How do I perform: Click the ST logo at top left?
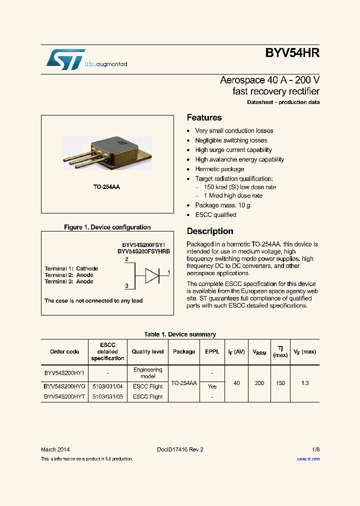65,59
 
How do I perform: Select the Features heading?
204,117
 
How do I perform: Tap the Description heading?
210,231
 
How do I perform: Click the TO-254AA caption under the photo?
106,186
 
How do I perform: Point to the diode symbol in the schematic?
152,275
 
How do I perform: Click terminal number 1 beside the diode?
168,272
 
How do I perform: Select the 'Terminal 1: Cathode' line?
71,268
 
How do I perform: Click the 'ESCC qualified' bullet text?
215,214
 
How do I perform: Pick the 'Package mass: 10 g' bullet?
222,205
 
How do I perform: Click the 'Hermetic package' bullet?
219,169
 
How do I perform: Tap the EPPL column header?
212,351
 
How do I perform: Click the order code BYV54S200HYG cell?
64,386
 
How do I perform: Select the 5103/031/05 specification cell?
107,396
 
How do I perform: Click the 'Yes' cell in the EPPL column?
212,386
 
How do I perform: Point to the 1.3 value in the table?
305,383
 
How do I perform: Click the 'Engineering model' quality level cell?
148,373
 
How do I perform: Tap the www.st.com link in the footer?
308,458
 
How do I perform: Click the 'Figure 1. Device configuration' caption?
107,227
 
